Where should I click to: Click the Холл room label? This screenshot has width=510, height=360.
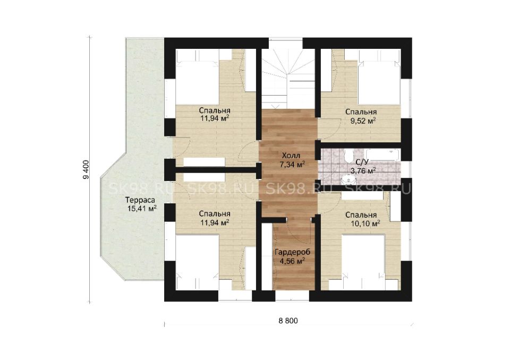coord(291,155)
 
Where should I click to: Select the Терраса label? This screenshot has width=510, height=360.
coord(140,200)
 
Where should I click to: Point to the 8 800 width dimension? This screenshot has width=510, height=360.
coord(288,321)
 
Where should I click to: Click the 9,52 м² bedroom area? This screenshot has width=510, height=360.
coord(361,121)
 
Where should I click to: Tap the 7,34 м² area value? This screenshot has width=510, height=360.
coord(292,164)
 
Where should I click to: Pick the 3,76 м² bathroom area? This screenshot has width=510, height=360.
coord(363,171)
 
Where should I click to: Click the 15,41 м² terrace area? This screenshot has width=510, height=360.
coord(142,209)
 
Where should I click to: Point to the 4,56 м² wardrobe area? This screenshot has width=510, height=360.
coord(292,261)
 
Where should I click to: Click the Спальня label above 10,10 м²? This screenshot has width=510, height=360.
coord(361,215)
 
